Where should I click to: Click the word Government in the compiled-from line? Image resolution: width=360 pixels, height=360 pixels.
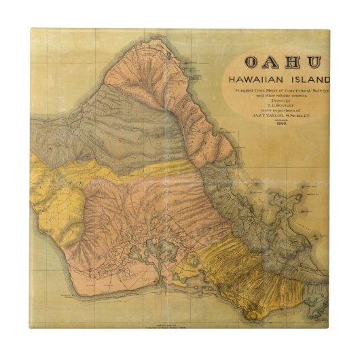(291, 90)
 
